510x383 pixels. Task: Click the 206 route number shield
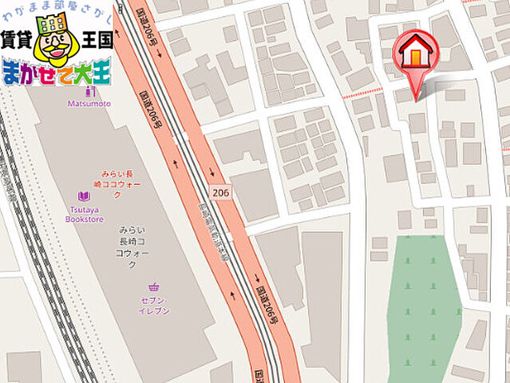220,192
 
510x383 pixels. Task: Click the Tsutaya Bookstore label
84,213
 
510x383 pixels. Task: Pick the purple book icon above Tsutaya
84,196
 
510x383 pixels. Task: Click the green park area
423,303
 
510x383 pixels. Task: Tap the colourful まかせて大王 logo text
56,73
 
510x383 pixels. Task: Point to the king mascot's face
53,49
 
